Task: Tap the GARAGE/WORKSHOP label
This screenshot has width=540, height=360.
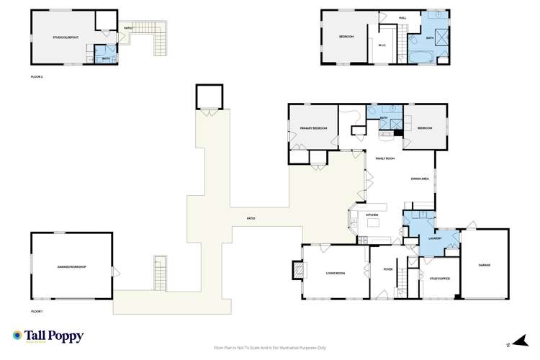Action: [x=71, y=267]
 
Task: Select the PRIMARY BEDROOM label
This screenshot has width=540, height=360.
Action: [x=308, y=128]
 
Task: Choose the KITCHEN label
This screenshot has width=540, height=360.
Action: [x=373, y=215]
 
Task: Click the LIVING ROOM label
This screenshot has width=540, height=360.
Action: [x=336, y=273]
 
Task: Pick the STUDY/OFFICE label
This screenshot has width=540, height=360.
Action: [x=439, y=278]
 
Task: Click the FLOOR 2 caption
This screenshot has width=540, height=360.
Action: [x=37, y=76]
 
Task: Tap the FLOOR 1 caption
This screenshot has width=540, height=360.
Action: [x=37, y=311]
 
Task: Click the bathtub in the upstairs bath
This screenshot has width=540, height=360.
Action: [x=419, y=55]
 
